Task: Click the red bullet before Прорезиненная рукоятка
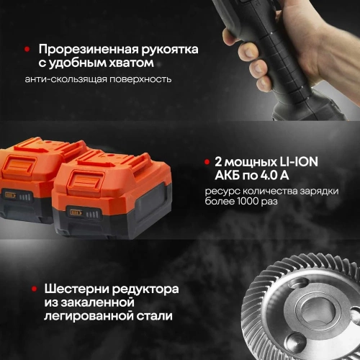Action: point(27,49)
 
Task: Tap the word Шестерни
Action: point(71,288)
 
